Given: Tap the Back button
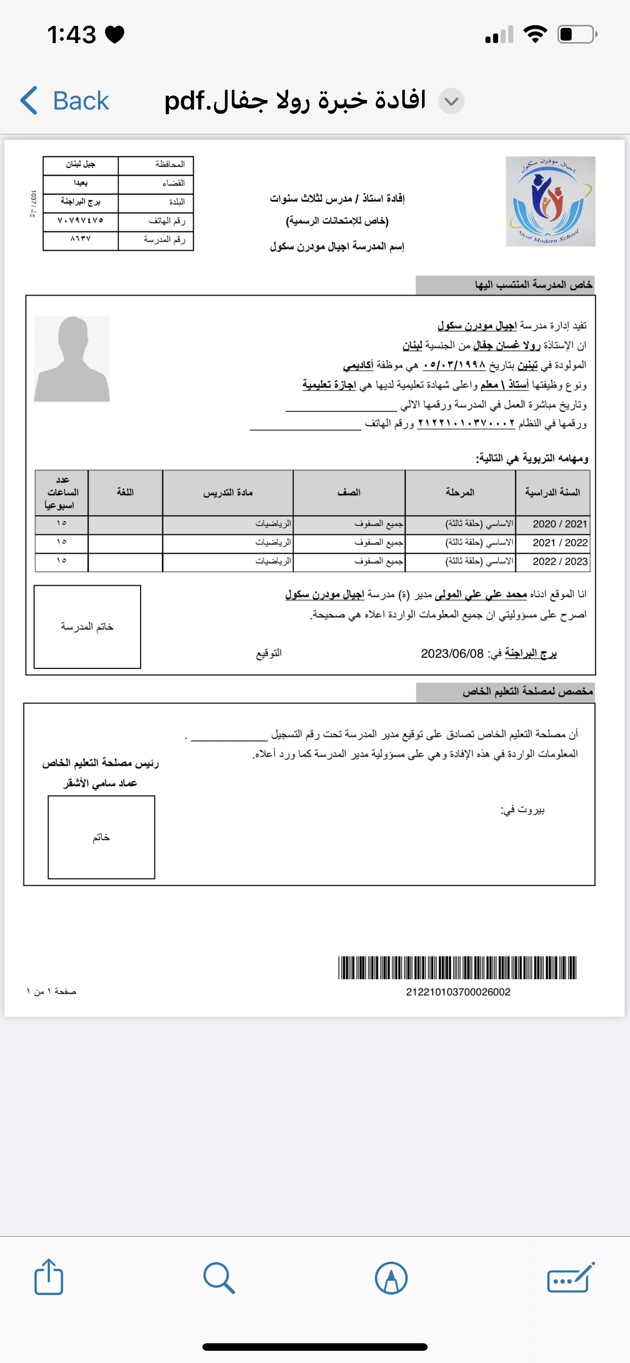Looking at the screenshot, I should (64, 100).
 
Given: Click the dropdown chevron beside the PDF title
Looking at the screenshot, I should (451, 101).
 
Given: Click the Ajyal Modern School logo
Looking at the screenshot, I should (550, 201).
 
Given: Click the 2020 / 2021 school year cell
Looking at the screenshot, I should (559, 524).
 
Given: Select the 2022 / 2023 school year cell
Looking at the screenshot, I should (559, 561).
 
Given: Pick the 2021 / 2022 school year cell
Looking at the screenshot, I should (559, 543).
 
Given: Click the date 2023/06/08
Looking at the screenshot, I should (452, 654).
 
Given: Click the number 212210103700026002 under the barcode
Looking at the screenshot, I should (458, 992).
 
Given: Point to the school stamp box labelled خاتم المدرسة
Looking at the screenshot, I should (87, 626).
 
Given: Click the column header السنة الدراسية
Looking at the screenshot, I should (552, 492).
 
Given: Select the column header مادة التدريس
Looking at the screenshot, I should (228, 492).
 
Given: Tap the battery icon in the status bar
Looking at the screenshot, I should (577, 34).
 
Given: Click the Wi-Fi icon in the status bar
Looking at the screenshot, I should (535, 34).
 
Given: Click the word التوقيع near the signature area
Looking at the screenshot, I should (268, 654).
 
